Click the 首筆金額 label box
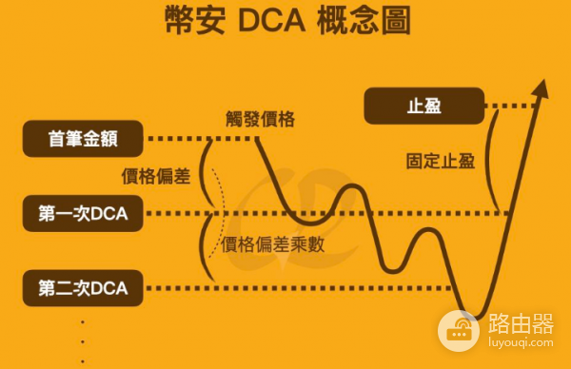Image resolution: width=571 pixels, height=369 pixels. (83, 138)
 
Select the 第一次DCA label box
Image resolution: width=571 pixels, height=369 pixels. (83, 213)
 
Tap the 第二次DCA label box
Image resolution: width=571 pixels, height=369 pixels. (83, 287)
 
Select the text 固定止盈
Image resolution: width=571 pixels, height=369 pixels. (439, 160)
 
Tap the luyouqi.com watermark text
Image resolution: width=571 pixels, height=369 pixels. (519, 349)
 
